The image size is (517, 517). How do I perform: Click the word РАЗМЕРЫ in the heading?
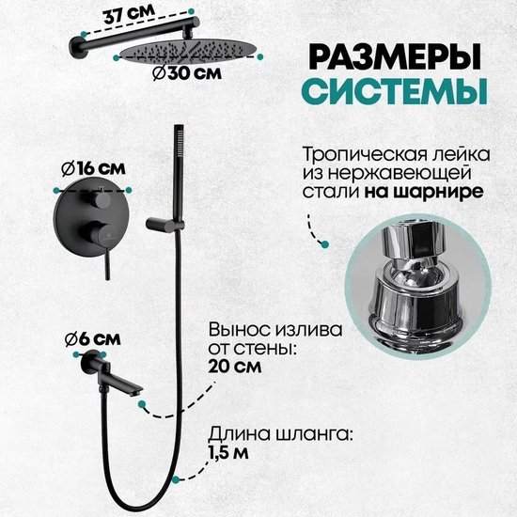(x=395, y=57)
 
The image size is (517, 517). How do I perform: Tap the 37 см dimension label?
(x=129, y=14)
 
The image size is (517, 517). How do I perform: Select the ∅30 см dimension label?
(x=187, y=73)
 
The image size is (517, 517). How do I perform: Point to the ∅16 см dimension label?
(x=93, y=168)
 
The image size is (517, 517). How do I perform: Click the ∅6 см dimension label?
(x=93, y=339)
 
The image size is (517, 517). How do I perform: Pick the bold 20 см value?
(x=235, y=366)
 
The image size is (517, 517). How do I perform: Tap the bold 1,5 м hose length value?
(x=227, y=453)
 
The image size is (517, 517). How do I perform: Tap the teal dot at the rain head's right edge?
(x=260, y=56)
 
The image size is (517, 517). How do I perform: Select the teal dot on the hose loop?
(x=176, y=479)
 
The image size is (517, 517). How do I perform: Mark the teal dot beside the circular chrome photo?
(x=325, y=244)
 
